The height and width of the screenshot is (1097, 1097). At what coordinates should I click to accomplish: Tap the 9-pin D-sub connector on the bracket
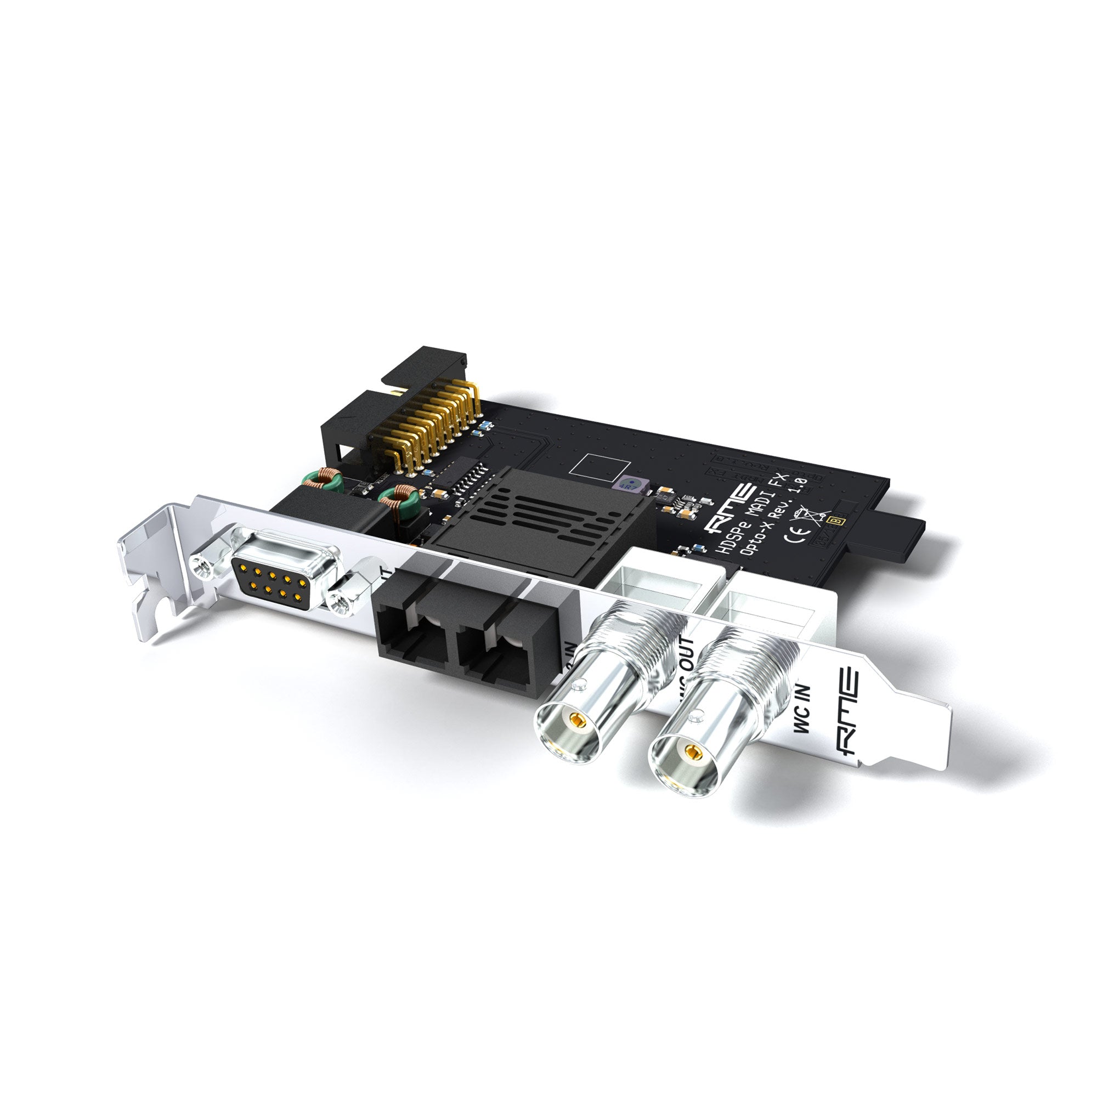(274, 577)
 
